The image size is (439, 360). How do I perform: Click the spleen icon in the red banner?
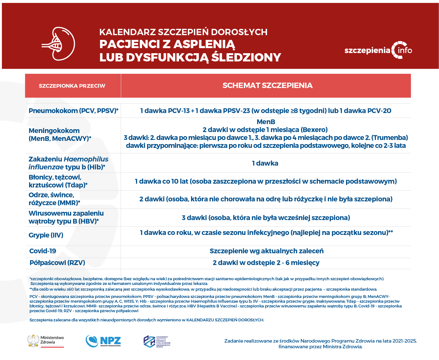[59, 44]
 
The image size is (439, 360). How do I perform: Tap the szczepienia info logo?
[378, 50]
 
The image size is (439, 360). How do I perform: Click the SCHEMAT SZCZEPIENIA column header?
[267, 85]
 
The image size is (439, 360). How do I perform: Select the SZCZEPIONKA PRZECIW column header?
[72, 86]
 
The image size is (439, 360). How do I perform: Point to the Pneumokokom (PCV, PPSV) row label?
[73, 111]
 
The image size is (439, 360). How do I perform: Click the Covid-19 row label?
[43, 251]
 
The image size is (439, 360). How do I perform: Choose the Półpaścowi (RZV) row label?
[57, 263]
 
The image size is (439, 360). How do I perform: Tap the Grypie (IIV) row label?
[46, 235]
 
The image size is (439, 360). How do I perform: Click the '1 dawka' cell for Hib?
[265, 163]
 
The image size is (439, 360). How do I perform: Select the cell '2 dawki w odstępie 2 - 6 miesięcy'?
[266, 263]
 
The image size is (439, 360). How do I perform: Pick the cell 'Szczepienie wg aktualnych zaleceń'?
[266, 251]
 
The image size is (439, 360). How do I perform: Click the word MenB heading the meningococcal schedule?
[266, 122]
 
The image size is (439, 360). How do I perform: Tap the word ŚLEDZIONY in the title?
[246, 57]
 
